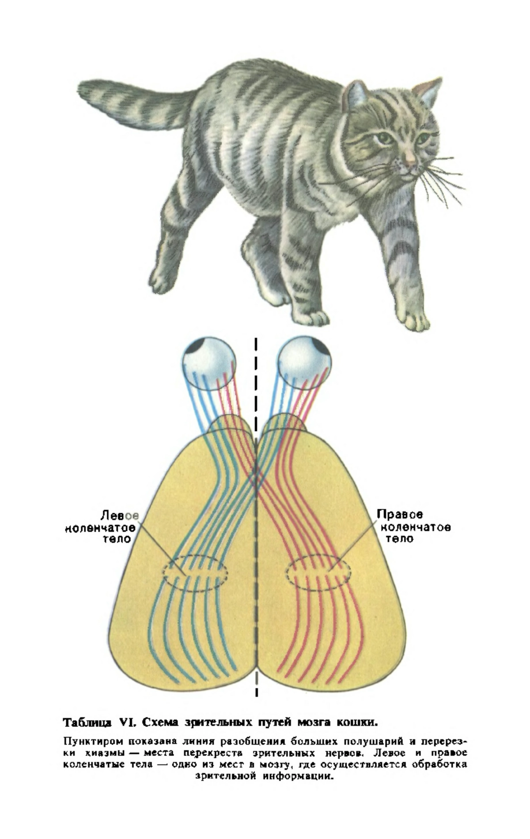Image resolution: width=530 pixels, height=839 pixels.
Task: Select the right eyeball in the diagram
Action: click(x=305, y=364)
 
